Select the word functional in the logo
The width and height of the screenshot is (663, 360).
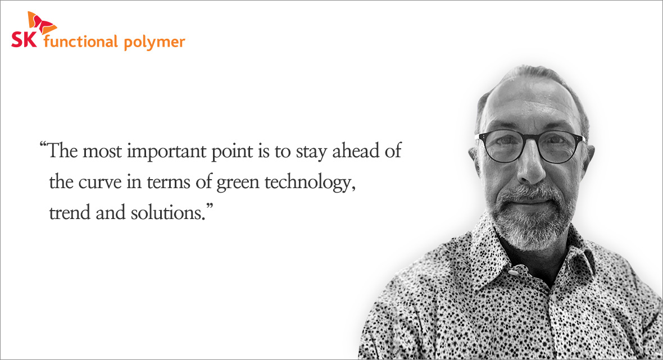pyautogui.click(x=80, y=42)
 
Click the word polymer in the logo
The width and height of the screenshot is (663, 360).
pyautogui.click(x=155, y=43)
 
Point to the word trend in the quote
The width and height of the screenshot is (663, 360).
pyautogui.click(x=70, y=212)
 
